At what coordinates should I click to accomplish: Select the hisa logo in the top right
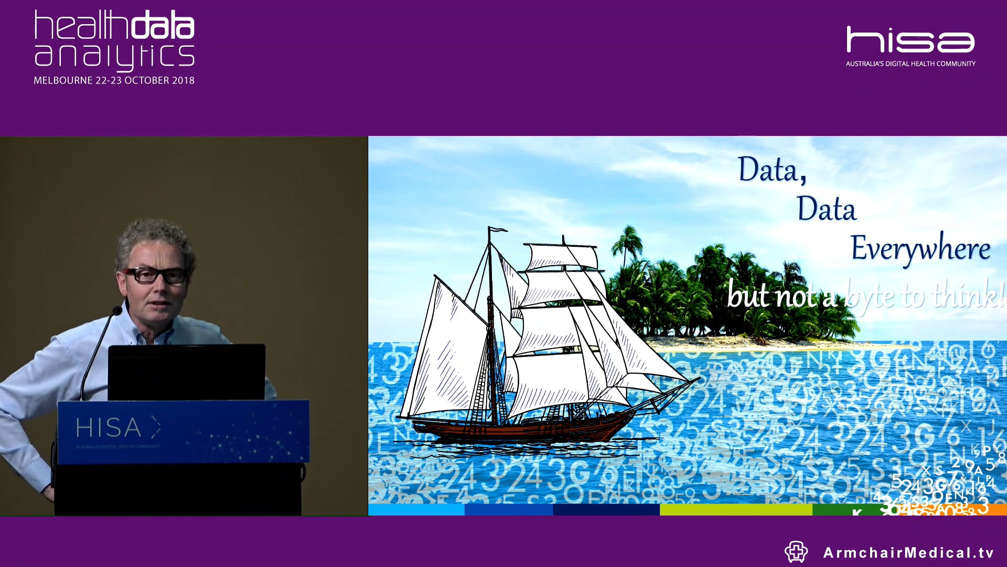(x=910, y=40)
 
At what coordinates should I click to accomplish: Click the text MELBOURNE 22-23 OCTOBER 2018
(x=114, y=80)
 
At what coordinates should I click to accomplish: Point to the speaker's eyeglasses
(x=156, y=275)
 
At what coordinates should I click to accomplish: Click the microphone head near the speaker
(x=117, y=311)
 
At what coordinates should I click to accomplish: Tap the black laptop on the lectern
(x=186, y=371)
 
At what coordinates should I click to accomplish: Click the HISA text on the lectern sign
(x=109, y=428)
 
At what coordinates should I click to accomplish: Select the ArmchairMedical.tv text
(x=908, y=552)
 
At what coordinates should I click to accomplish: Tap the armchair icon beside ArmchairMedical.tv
(x=796, y=552)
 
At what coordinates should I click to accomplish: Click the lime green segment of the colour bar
(x=735, y=509)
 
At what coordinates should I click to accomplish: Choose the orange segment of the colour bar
(x=997, y=509)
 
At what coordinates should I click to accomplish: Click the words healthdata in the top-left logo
(x=114, y=25)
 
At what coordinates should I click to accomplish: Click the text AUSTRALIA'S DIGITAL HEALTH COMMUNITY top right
(x=910, y=64)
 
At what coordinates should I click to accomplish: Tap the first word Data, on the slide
(x=771, y=170)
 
